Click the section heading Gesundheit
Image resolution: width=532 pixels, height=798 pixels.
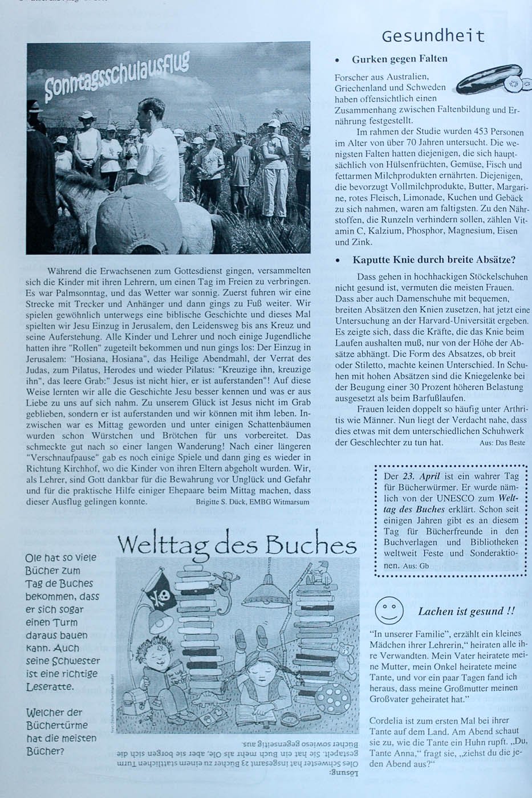point(433,36)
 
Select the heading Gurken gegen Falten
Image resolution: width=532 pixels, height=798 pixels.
point(399,59)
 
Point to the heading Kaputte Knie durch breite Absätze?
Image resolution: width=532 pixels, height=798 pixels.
point(433,260)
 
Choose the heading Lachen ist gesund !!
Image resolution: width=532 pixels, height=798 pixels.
point(466,612)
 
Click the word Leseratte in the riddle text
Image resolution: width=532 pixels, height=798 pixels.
point(50,687)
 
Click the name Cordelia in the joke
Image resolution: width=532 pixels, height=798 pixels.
point(388,720)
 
